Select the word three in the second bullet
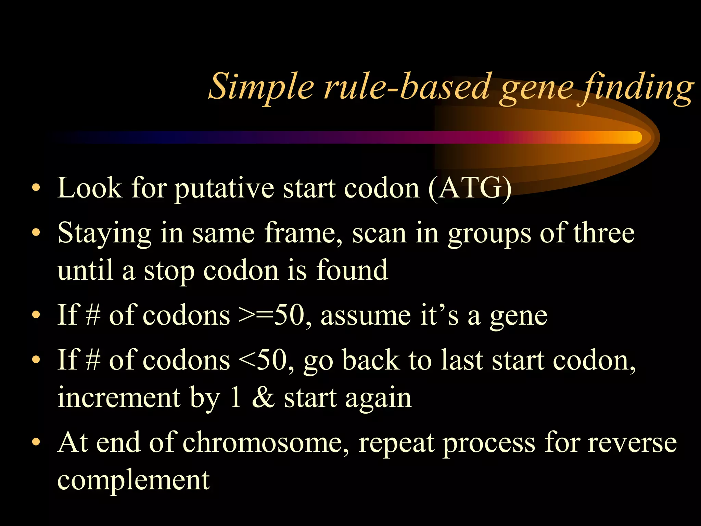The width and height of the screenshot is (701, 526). click(604, 233)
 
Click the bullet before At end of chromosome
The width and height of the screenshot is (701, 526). click(36, 442)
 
